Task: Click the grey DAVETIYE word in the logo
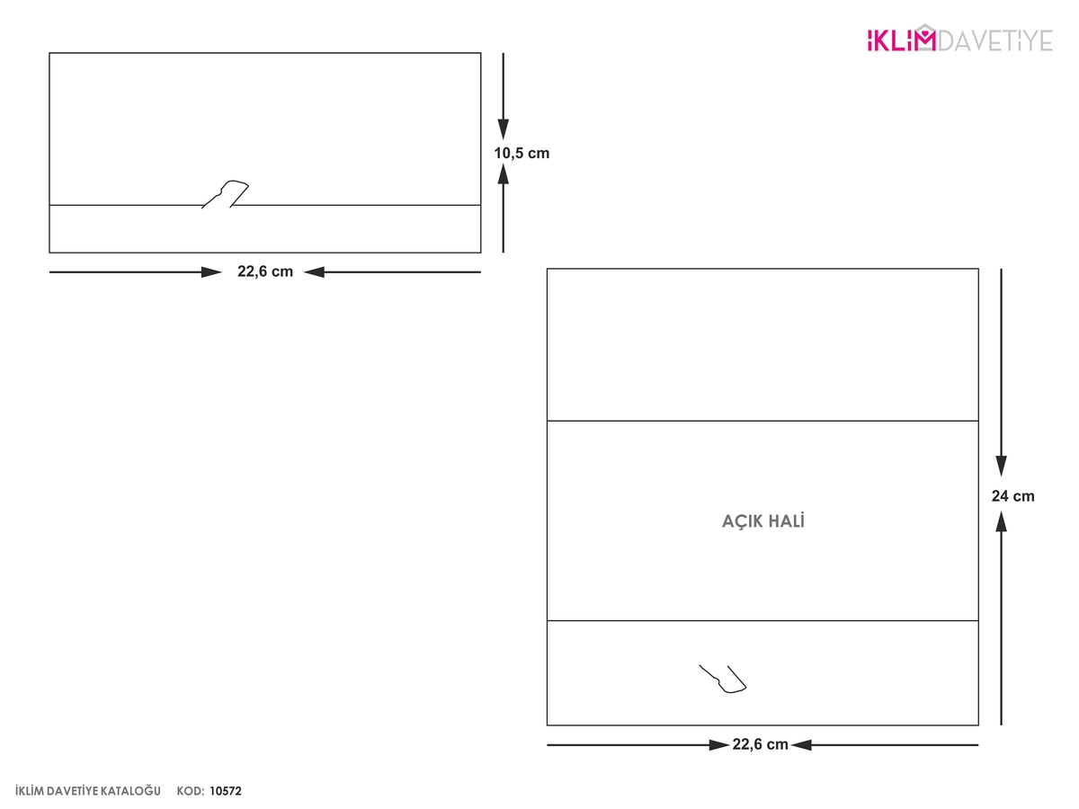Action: coord(995,40)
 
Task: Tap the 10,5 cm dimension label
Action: coord(521,153)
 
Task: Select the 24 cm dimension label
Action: coord(1012,496)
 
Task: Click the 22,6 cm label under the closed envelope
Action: coord(265,271)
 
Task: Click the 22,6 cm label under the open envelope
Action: coord(760,744)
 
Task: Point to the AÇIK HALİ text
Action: coord(762,521)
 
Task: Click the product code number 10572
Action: coord(226,791)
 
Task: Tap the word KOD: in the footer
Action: coord(191,791)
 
